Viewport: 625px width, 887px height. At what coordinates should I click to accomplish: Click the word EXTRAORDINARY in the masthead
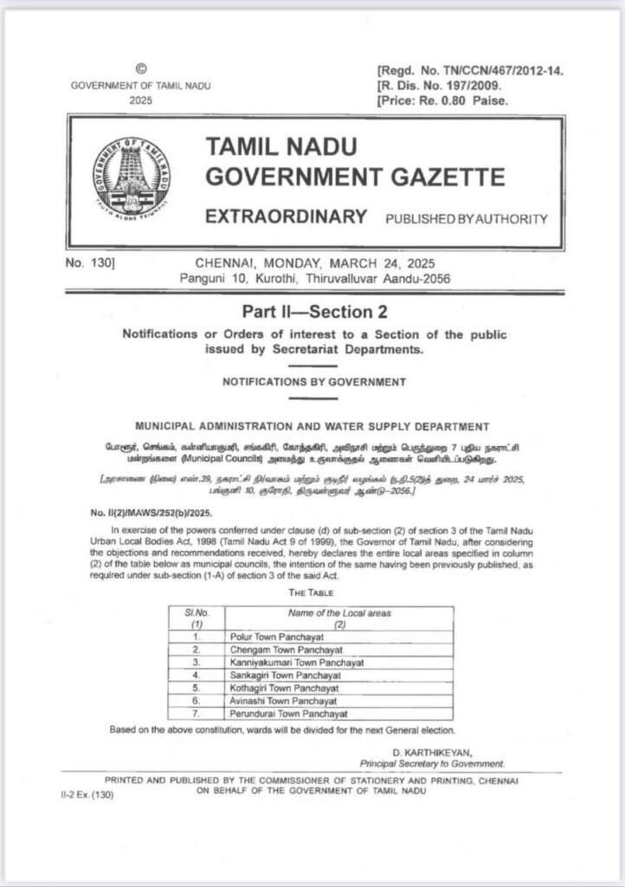pyautogui.click(x=286, y=217)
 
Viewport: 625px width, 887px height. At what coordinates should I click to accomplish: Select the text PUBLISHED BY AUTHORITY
pyautogui.click(x=466, y=219)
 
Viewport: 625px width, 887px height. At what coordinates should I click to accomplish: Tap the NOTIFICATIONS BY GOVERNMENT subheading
pyautogui.click(x=313, y=381)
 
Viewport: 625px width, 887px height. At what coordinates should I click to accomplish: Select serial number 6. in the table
pyautogui.click(x=197, y=701)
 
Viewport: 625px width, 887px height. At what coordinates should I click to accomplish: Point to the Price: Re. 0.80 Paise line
pyautogui.click(x=443, y=100)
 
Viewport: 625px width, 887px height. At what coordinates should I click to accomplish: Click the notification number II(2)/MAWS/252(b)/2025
pyautogui.click(x=151, y=512)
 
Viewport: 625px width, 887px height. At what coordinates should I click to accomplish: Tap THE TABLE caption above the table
pyautogui.click(x=312, y=593)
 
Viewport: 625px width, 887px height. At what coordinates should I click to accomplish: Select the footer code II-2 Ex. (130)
pyautogui.click(x=92, y=793)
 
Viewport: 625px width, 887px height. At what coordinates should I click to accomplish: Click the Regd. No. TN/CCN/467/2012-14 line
pyautogui.click(x=470, y=69)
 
